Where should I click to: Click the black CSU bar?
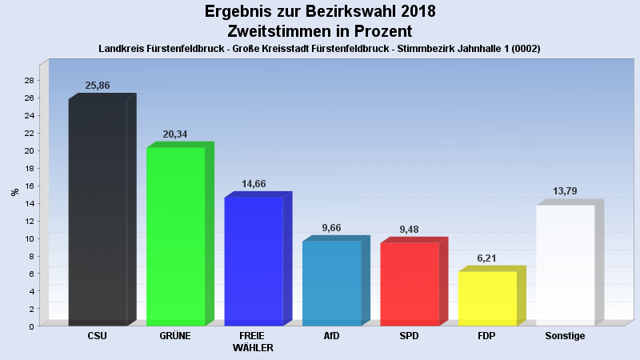98,212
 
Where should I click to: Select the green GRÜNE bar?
175,237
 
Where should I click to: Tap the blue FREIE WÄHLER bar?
253,262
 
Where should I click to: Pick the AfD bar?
331,283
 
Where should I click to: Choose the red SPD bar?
409,284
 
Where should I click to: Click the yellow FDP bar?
487,298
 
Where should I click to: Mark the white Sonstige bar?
565,266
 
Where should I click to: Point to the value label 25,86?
97,85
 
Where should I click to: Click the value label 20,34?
174,134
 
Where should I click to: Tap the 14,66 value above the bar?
253,183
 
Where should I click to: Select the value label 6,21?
487,258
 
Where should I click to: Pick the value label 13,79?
565,191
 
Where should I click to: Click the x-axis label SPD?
409,336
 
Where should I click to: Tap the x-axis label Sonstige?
565,336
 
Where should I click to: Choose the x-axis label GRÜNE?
175,336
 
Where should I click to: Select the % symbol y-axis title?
14,192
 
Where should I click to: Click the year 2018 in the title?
415,12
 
